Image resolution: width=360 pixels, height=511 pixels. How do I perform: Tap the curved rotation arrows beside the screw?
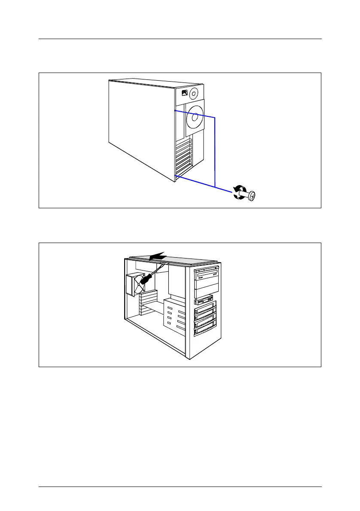tap(238, 192)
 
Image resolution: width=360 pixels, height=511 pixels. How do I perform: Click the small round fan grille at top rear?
tap(194, 93)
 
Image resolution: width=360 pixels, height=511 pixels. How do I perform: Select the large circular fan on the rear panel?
tap(195, 116)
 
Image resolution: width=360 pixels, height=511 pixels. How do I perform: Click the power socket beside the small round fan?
tap(184, 93)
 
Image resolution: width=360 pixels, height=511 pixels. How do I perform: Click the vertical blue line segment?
tap(214, 150)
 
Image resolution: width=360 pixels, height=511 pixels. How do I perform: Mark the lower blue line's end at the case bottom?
tap(176, 176)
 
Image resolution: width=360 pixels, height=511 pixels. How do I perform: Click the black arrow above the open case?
tap(157, 255)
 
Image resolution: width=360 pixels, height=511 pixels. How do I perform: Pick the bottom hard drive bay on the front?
tap(206, 331)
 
